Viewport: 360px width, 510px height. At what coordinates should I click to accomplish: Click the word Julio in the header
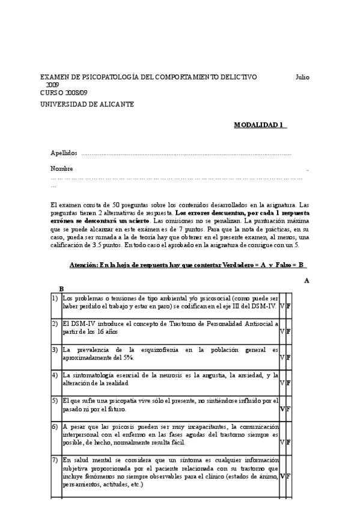(x=302, y=78)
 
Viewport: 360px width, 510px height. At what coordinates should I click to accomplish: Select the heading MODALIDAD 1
(x=260, y=125)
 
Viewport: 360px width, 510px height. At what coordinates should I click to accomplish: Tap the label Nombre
(x=62, y=169)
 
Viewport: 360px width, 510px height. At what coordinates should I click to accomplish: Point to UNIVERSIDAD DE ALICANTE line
(x=87, y=104)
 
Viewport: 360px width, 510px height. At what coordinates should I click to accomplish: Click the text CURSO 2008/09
(x=64, y=93)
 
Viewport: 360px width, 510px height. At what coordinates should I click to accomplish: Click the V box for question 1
(x=282, y=307)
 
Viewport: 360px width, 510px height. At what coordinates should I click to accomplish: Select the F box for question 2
(x=289, y=331)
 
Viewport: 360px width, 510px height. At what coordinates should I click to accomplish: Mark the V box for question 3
(x=282, y=357)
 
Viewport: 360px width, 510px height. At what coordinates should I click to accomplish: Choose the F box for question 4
(x=289, y=382)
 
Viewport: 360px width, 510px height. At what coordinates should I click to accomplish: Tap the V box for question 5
(x=282, y=409)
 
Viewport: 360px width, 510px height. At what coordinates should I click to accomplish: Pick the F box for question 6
(x=289, y=442)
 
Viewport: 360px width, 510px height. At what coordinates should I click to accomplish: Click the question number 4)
(x=55, y=375)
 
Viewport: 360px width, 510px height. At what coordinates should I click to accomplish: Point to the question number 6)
(x=55, y=426)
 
